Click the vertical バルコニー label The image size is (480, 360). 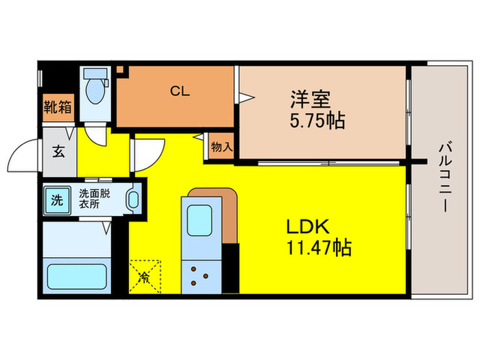(x=444, y=175)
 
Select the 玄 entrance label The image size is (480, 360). (x=58, y=152)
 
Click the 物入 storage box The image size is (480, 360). (x=221, y=147)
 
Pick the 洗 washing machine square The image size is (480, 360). (x=58, y=201)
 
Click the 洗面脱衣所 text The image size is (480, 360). (x=93, y=198)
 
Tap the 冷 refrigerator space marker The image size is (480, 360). (x=146, y=277)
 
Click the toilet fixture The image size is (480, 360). (x=95, y=89)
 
